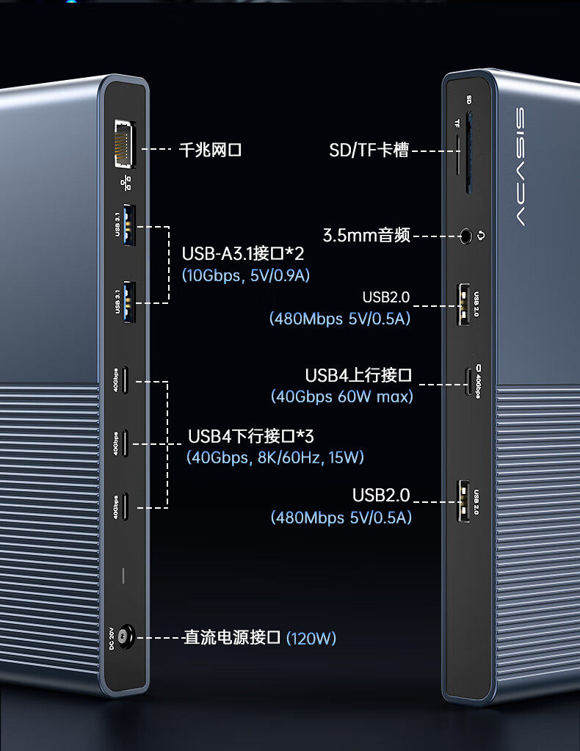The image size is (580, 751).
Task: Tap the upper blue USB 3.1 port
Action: click(128, 225)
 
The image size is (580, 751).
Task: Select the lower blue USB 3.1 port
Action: click(128, 302)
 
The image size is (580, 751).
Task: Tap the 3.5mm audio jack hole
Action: click(465, 236)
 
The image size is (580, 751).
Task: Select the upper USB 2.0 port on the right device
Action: click(464, 304)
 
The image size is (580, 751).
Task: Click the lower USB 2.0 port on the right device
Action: click(464, 502)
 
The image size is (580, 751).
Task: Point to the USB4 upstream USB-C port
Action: click(468, 382)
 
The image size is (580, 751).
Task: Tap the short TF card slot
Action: click(458, 154)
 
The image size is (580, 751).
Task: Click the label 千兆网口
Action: click(210, 150)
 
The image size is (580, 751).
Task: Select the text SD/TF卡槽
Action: click(369, 150)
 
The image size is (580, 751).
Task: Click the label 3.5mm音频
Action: click(366, 236)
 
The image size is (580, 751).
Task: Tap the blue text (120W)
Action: click(311, 638)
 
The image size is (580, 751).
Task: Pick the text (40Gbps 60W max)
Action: click(341, 396)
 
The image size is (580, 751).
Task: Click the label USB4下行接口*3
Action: click(250, 436)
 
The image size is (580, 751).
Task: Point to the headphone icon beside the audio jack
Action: click(482, 236)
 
